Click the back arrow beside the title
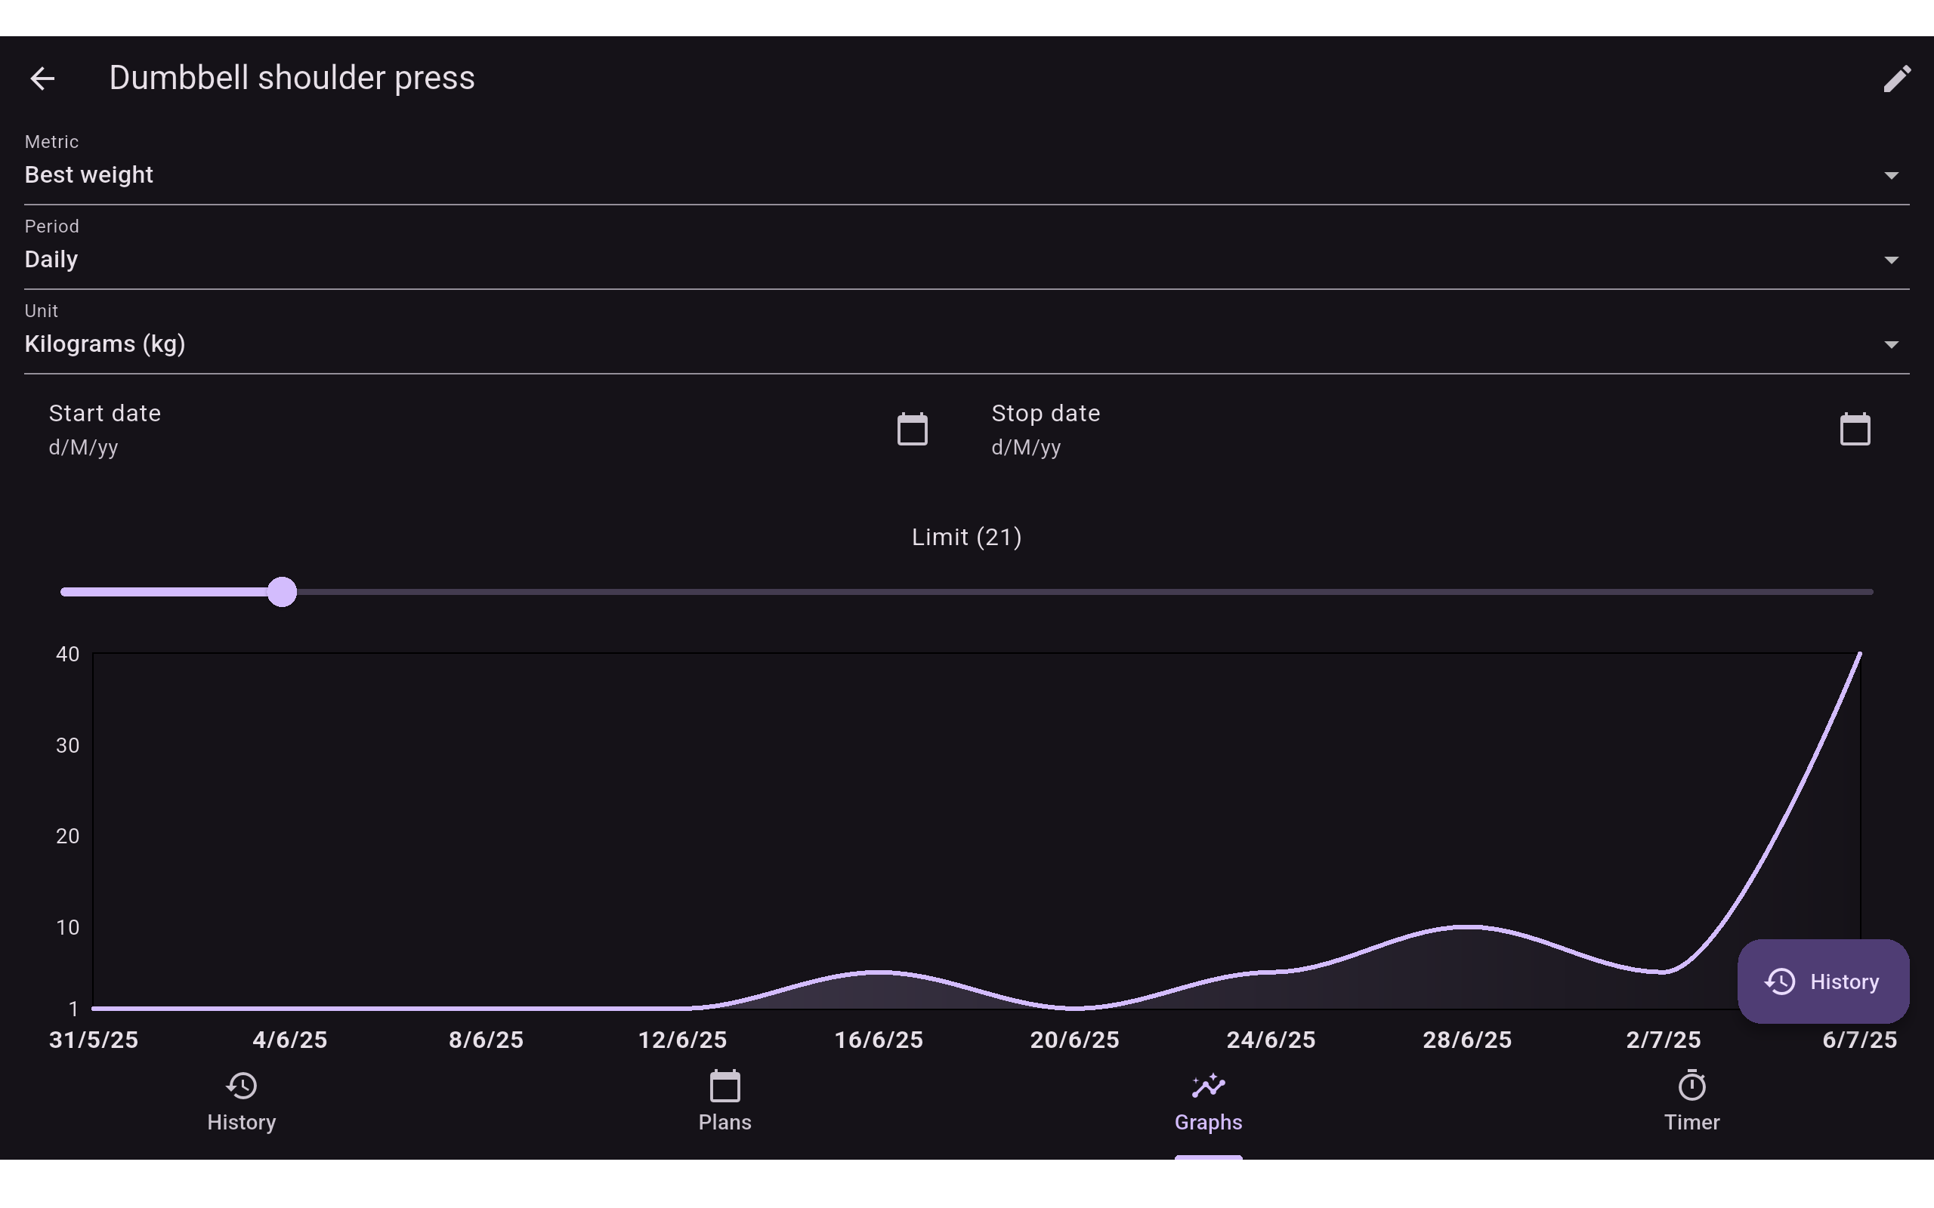click(42, 79)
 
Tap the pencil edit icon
click(1896, 79)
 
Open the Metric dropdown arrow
click(1891, 176)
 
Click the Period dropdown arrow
click(1891, 260)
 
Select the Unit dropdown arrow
click(1891, 345)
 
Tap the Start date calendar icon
click(912, 429)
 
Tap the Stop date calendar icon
click(1855, 429)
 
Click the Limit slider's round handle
click(282, 592)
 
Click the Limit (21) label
click(967, 537)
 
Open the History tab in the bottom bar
click(241, 1102)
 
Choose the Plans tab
click(724, 1102)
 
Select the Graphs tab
click(1208, 1102)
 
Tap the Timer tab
click(1691, 1102)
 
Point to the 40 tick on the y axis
click(68, 655)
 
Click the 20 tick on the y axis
click(68, 837)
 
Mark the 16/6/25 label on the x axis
click(879, 1040)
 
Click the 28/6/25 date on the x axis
click(1467, 1040)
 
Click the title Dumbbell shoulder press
click(292, 79)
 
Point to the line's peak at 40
click(1860, 655)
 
